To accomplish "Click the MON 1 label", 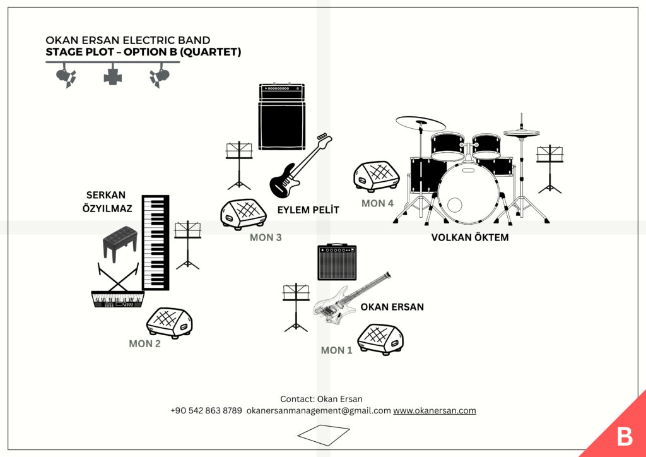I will point(337,350).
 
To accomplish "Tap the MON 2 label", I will point(144,344).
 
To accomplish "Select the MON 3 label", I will point(266,238).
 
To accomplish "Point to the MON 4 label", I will point(377,203).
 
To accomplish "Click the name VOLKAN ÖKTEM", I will point(469,238).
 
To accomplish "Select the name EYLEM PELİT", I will point(308,210).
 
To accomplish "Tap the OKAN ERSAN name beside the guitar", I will point(392,307).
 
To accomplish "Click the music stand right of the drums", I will point(549,168).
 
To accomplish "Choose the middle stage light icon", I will point(113,76).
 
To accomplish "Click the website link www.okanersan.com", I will point(435,410).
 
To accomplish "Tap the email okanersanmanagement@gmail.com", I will point(319,410).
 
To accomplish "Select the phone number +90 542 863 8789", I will point(206,410).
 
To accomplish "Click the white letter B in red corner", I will point(624,436).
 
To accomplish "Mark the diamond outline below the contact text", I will point(323,433).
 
